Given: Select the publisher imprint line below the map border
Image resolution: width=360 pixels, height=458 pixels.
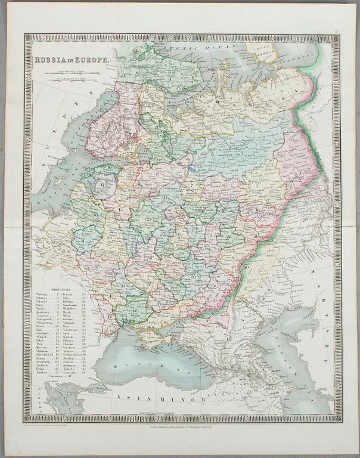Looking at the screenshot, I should (x=179, y=427).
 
